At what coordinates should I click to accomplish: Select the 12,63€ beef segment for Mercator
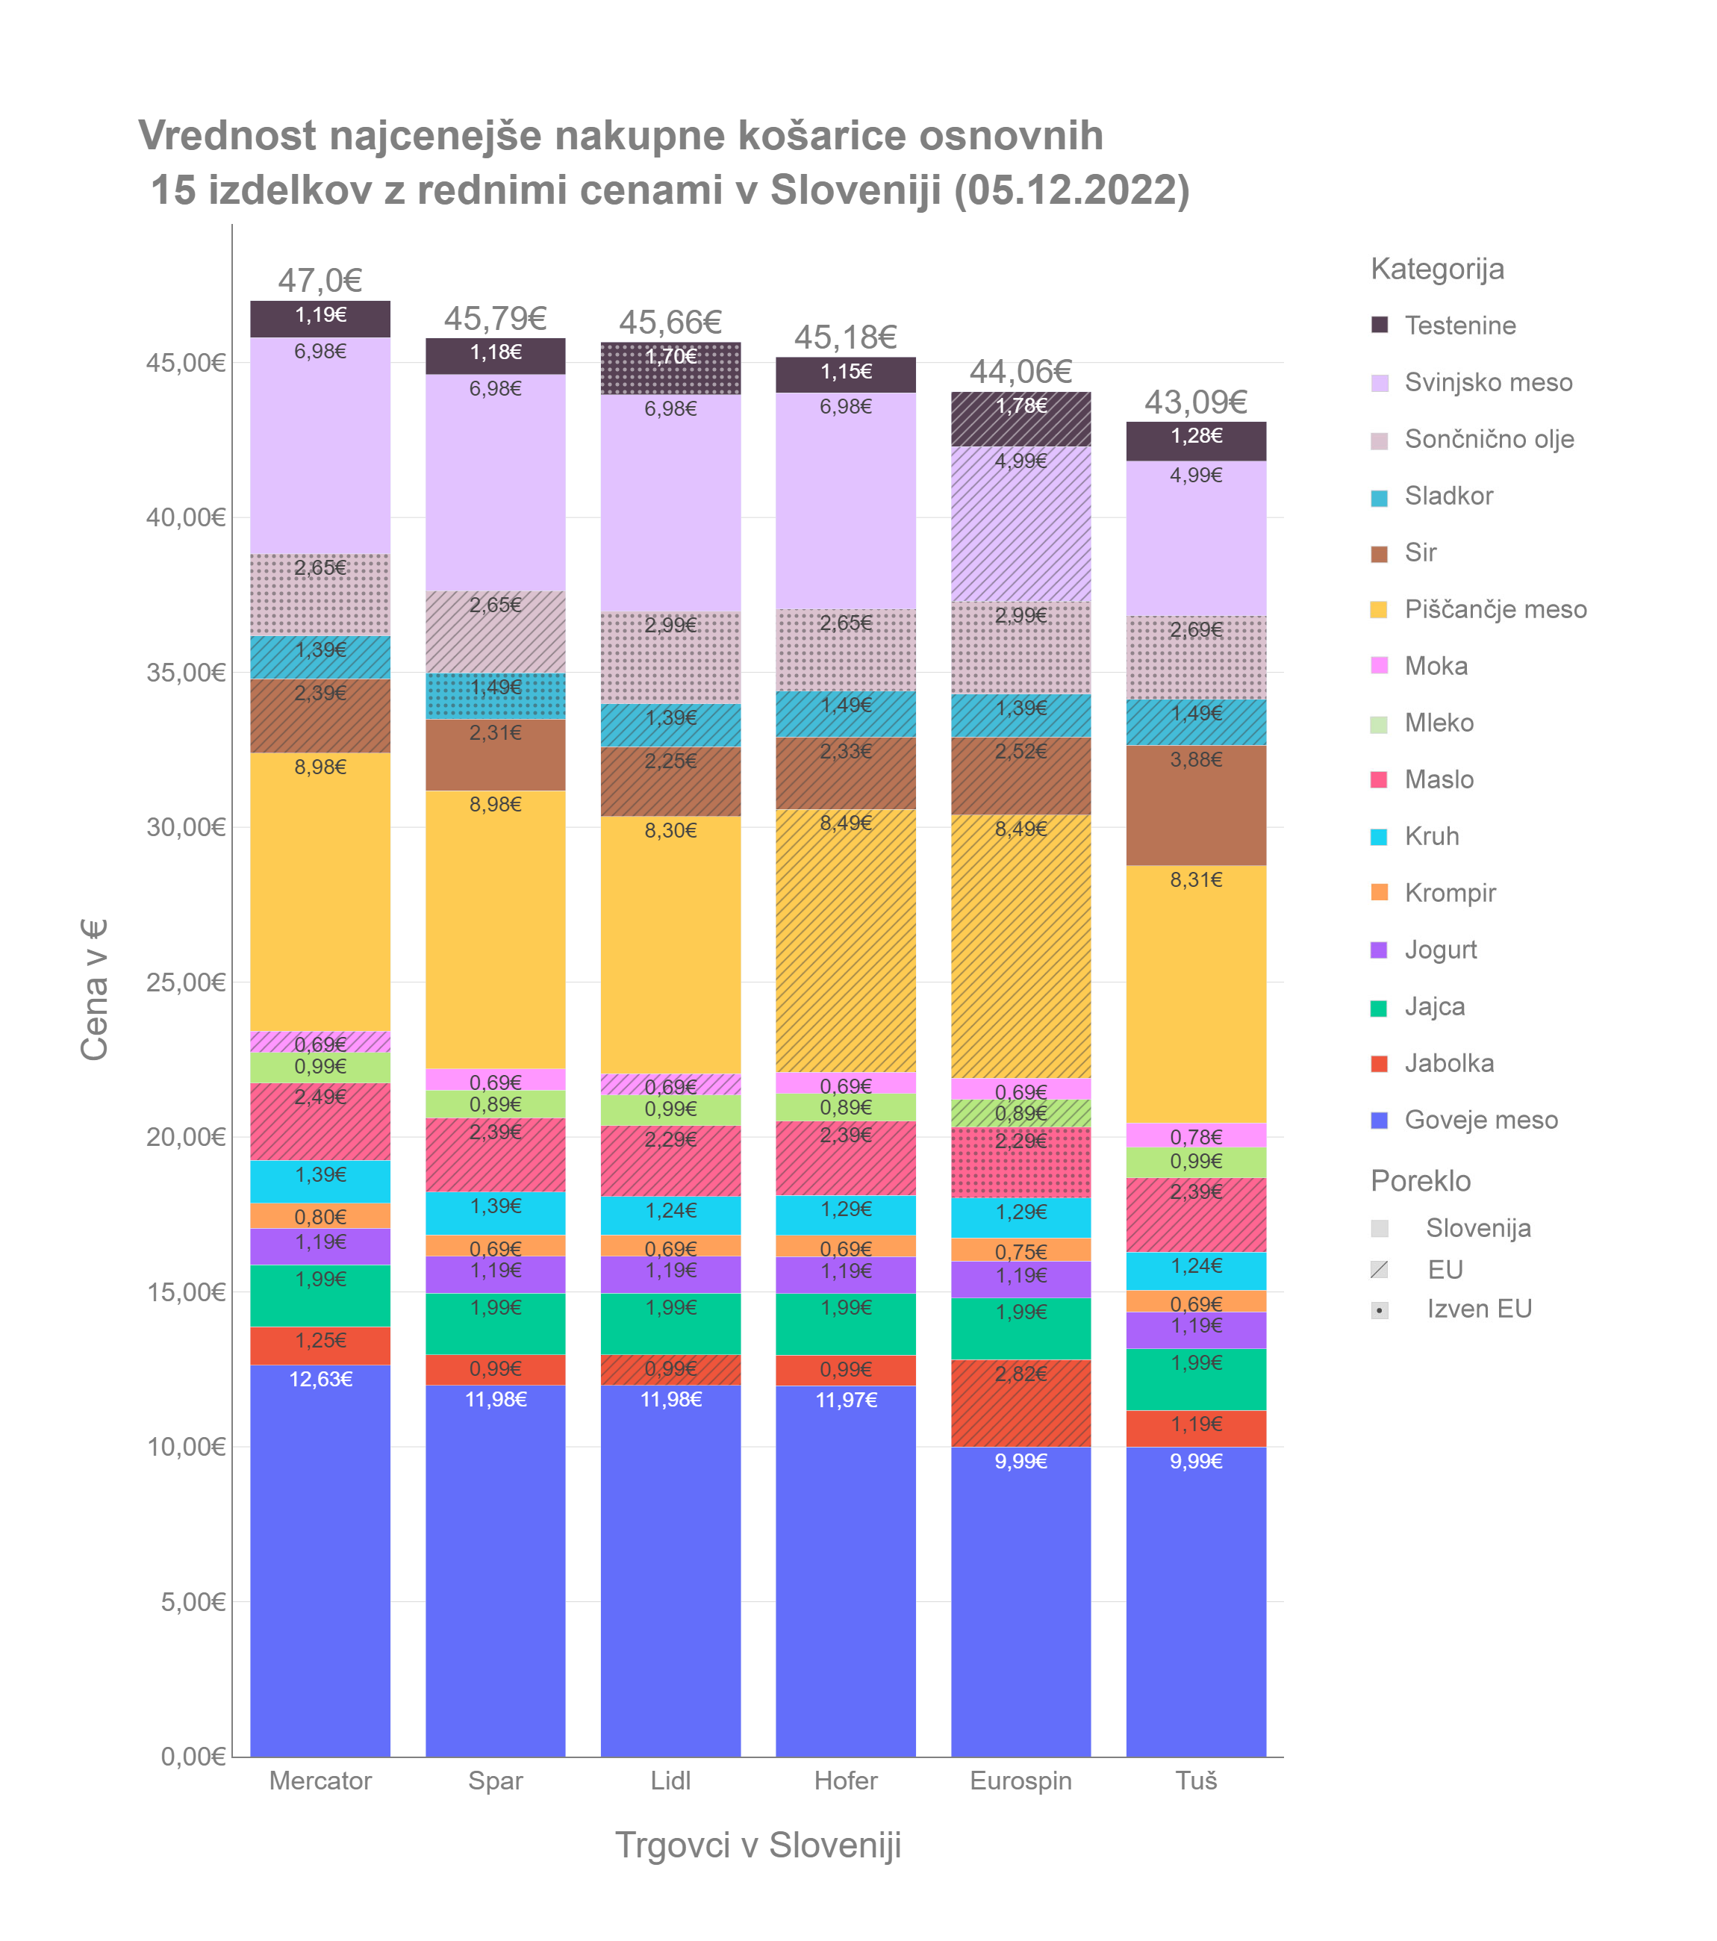(320, 1557)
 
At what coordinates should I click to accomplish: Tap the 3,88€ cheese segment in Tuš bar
(1196, 806)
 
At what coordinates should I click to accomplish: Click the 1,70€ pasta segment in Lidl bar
(670, 369)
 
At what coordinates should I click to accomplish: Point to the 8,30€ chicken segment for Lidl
(670, 945)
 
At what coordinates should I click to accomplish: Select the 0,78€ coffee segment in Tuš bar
(1196, 1135)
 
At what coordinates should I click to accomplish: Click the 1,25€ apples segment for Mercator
(320, 1345)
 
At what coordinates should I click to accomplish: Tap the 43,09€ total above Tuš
(1196, 402)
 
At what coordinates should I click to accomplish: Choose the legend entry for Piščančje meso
(1495, 610)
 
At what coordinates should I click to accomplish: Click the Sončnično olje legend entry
(1488, 440)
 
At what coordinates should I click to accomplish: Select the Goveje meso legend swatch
(1380, 1121)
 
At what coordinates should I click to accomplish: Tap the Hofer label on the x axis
(845, 1780)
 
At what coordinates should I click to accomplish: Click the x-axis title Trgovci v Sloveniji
(758, 1845)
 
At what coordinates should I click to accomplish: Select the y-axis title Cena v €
(94, 988)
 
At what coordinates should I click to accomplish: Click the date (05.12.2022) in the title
(1071, 190)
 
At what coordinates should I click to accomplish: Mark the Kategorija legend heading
(1437, 269)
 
